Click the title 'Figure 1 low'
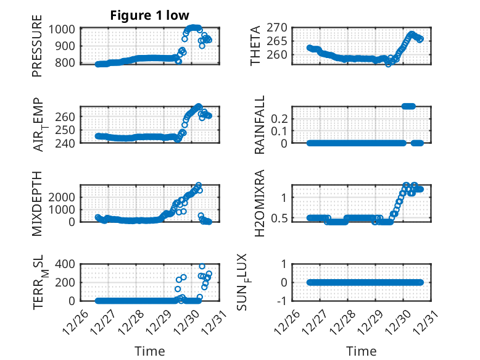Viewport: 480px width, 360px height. coord(150,15)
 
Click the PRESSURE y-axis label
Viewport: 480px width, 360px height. coord(38,50)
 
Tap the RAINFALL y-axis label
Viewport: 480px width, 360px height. coord(260,125)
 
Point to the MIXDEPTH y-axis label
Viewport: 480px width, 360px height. coord(38,203)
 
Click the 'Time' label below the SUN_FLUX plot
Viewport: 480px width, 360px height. coord(362,351)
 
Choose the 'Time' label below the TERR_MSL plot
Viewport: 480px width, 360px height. coord(150,351)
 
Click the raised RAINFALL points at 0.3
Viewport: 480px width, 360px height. coord(408,106)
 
